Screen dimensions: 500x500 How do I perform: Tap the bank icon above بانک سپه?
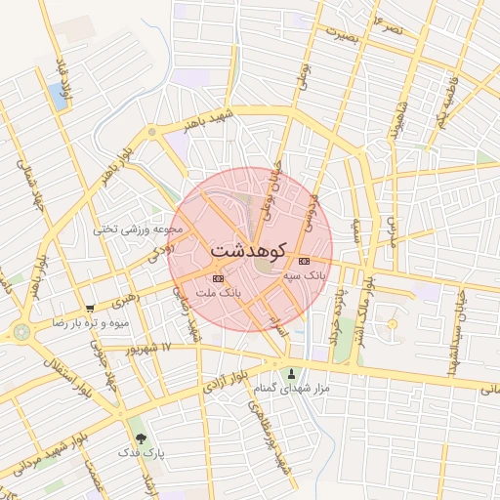tap(304, 261)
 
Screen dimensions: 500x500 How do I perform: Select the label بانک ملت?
tap(217, 292)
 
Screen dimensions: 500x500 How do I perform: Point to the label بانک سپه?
tap(304, 276)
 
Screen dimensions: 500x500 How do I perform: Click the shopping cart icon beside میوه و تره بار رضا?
tap(90, 308)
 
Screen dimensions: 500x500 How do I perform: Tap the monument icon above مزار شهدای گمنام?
tap(291, 373)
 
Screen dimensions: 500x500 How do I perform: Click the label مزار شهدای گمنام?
tap(291, 389)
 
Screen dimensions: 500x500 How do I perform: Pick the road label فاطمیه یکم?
tap(446, 104)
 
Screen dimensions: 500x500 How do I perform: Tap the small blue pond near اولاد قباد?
tap(58, 96)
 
